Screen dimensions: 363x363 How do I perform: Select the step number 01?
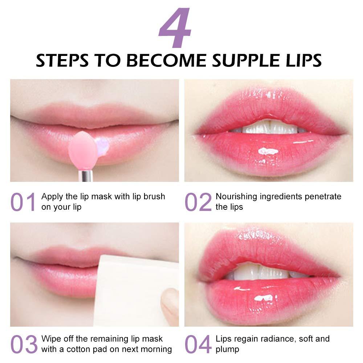pos(23,202)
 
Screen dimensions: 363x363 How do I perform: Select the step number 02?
pos(198,202)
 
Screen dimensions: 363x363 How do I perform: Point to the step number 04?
pos(198,344)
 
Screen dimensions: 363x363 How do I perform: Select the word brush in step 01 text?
pos(154,197)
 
